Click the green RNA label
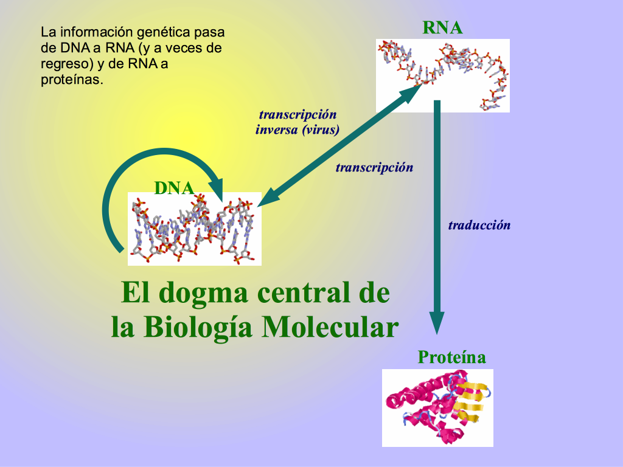click(x=442, y=27)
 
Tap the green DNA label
click(x=174, y=188)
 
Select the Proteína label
click(x=452, y=357)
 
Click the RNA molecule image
click(x=443, y=75)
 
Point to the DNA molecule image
click(x=194, y=229)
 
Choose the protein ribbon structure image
click(x=437, y=408)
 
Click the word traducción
click(x=479, y=225)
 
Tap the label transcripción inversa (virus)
click(x=298, y=122)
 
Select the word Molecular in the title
click(x=330, y=327)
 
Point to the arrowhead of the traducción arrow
click(x=437, y=323)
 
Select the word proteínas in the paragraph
click(x=72, y=80)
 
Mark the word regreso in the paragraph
click(x=67, y=64)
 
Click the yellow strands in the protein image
click(x=470, y=401)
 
